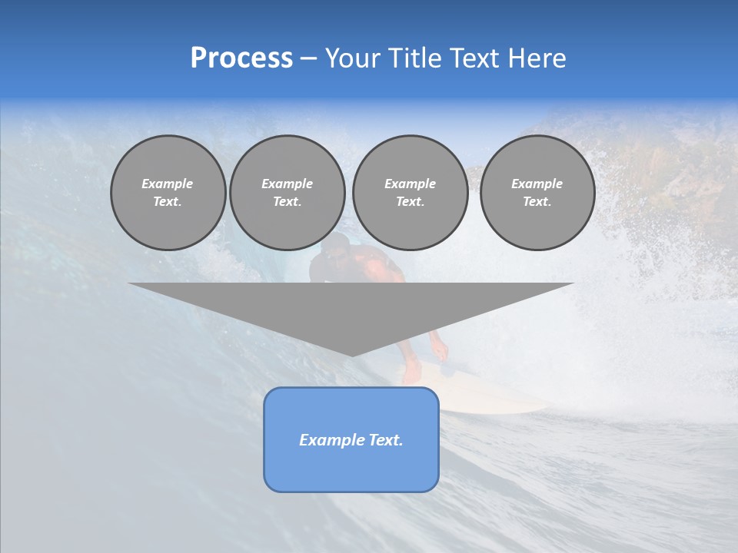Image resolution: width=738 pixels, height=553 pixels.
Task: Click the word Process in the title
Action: coord(241,58)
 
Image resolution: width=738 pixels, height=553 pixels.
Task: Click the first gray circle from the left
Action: coord(168,193)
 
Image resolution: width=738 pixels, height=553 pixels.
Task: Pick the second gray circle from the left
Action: coord(287,193)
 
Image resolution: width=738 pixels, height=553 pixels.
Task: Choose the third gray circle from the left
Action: coord(410,193)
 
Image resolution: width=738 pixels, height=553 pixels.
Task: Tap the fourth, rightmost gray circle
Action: coord(537,193)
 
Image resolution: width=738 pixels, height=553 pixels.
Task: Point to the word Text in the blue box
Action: coord(385,440)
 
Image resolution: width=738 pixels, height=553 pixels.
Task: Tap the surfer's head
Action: coord(336,247)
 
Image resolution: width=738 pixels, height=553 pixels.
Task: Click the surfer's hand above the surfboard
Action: coord(440,352)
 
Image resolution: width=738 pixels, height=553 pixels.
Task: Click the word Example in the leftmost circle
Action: coord(168,184)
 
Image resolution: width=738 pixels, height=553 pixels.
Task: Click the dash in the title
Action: coord(308,58)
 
